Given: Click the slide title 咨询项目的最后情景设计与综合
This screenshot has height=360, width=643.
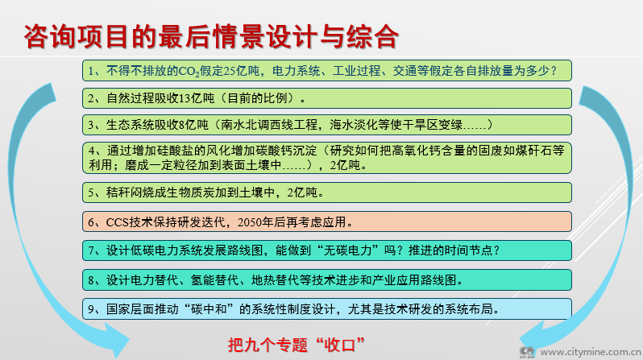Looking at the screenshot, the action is click(x=211, y=36).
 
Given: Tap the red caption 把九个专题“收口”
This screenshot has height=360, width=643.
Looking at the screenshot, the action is click(x=296, y=345).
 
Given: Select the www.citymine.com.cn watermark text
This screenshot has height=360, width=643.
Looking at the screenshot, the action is click(x=590, y=352).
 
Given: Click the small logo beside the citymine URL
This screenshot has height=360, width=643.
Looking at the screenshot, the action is click(x=527, y=352).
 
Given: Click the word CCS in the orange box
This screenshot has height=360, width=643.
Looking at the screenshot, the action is click(x=118, y=222).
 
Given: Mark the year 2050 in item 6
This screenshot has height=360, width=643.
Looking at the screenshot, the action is click(x=249, y=222).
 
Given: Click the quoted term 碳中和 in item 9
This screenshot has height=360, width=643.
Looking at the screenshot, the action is click(x=209, y=308).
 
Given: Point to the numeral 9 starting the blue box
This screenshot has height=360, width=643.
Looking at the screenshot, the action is click(x=91, y=309).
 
